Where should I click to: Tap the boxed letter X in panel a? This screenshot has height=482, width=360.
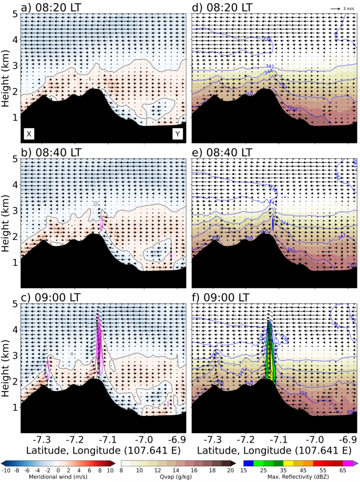(x=29, y=134)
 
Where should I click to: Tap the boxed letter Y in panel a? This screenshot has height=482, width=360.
(x=178, y=134)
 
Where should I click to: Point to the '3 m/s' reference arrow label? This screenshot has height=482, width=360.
(x=349, y=9)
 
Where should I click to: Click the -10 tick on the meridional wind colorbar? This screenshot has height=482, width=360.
(x=5, y=470)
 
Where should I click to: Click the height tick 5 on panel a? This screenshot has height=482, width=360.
(x=15, y=14)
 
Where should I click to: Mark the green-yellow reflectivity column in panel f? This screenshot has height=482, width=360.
(x=270, y=357)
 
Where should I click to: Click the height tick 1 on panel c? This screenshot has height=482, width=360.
(x=15, y=407)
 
